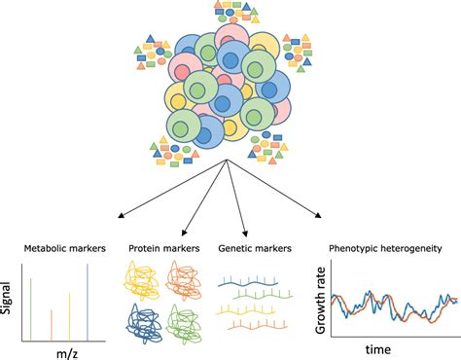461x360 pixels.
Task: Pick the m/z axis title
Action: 66,351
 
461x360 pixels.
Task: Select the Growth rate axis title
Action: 323,299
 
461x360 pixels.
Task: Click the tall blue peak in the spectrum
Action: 89,301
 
